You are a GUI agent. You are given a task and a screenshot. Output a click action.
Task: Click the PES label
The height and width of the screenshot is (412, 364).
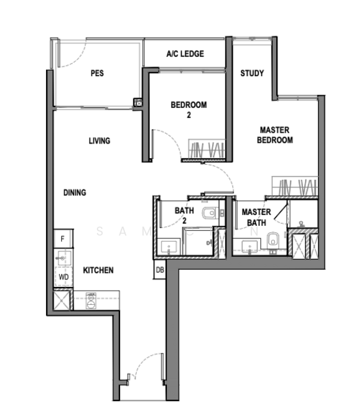coord(97,73)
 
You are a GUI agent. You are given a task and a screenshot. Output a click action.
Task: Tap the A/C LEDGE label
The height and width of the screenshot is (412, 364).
coord(185,54)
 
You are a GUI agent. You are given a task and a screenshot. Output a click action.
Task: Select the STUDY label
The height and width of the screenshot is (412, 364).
coord(252,73)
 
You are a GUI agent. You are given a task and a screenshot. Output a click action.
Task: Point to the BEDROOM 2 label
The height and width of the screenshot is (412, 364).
coord(188,110)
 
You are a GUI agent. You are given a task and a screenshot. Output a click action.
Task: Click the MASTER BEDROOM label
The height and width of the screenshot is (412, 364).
coord(275,135)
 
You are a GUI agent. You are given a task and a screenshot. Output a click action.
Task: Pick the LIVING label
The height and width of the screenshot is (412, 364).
coord(99,141)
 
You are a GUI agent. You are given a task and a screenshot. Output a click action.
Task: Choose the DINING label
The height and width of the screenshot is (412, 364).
coord(75,193)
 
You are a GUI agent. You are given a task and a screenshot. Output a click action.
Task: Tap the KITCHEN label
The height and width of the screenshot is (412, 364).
coord(98,271)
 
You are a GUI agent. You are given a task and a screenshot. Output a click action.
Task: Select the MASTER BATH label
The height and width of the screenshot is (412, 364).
coord(256,217)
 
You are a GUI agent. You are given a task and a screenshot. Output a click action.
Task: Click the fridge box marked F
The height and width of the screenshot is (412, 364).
coord(62,239)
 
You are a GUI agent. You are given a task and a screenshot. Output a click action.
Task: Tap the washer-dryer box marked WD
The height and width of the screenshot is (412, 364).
coord(63,277)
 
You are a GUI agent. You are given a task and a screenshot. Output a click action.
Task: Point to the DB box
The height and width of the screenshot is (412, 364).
coord(159,270)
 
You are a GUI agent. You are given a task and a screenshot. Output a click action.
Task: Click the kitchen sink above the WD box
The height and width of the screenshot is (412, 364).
coord(63,257)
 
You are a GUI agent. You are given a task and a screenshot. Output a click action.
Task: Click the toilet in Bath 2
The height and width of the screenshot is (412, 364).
coord(210,214)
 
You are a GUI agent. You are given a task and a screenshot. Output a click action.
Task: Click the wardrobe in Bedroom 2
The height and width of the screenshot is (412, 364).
coord(207,149)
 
